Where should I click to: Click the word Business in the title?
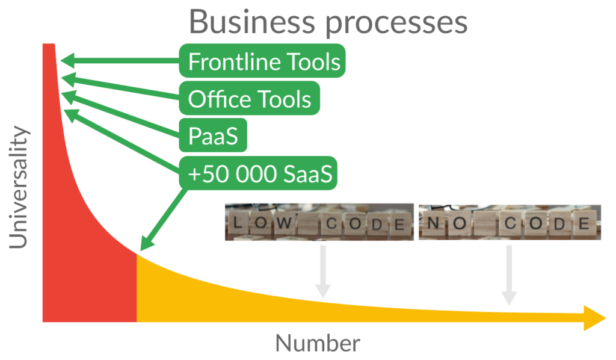(x=252, y=22)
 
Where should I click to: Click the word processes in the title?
(x=396, y=24)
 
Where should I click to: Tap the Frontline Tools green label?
(x=262, y=61)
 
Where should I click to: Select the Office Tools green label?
(x=250, y=98)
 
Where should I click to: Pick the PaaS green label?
(x=213, y=135)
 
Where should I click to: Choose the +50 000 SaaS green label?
(x=258, y=173)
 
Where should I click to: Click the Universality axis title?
(x=19, y=187)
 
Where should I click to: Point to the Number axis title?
(x=318, y=343)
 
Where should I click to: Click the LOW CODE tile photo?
(x=319, y=222)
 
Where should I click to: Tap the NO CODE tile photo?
(x=510, y=222)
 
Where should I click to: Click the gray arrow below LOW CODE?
(x=323, y=272)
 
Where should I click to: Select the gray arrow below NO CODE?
(x=509, y=275)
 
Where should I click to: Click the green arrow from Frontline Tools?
(x=120, y=61)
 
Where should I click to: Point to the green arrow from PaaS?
(x=120, y=114)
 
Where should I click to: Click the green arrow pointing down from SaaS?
(x=162, y=219)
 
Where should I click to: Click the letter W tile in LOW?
(x=285, y=223)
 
